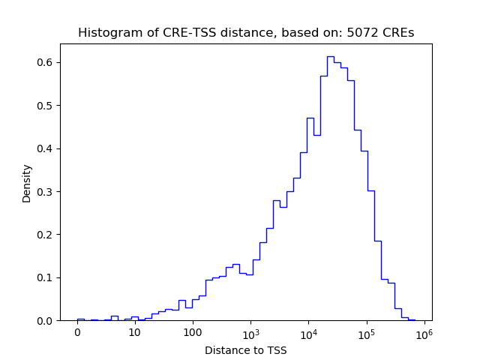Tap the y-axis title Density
click(27, 183)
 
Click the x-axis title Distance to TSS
click(245, 350)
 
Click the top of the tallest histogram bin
click(331, 56)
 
